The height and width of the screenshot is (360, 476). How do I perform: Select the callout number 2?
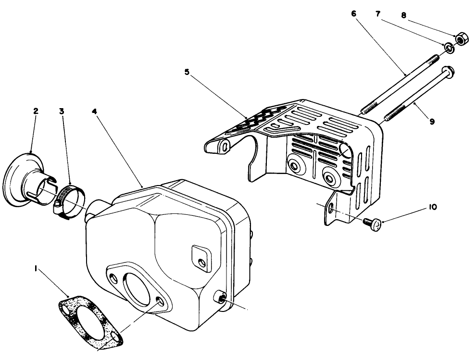point(36,111)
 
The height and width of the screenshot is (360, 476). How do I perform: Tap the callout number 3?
point(62,111)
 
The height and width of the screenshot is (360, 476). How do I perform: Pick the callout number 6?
point(354,14)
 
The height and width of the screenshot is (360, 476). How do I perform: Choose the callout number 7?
point(378,14)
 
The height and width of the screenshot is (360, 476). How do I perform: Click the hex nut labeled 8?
point(460,39)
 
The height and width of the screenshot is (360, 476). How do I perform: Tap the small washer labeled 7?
point(448,48)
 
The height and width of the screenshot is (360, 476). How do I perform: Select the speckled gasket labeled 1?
point(89,320)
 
